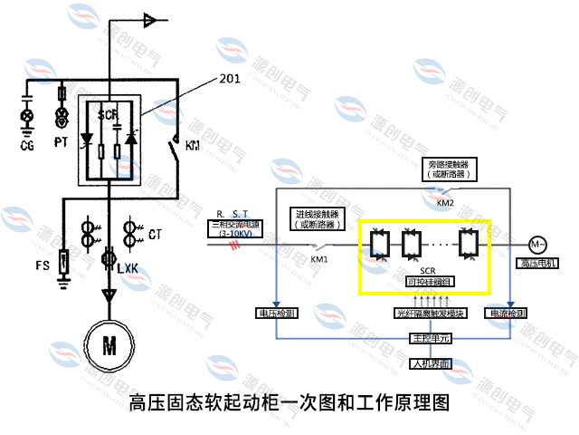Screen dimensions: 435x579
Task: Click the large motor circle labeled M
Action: (109, 346)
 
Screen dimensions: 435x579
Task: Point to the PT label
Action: (62, 142)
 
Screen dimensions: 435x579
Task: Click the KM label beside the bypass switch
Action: (193, 145)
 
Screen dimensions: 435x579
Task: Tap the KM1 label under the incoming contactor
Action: (319, 259)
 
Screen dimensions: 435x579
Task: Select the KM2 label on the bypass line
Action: (445, 203)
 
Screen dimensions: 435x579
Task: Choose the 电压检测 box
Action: (275, 314)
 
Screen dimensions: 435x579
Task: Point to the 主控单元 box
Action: (428, 338)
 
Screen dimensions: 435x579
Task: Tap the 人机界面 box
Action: (428, 364)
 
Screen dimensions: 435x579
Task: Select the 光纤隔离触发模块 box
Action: (431, 314)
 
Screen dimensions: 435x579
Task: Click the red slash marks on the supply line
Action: (238, 244)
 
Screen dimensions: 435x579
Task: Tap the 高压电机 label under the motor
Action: (537, 264)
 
